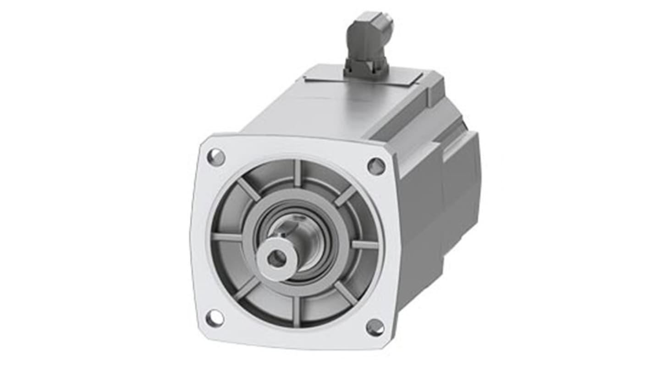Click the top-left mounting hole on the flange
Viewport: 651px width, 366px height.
[216, 157]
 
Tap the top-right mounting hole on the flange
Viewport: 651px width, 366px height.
[376, 166]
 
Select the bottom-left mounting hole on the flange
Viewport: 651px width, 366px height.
[214, 318]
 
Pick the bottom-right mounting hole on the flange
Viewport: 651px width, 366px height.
[375, 327]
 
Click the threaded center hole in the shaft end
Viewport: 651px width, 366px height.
[277, 259]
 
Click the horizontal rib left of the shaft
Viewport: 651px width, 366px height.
[226, 237]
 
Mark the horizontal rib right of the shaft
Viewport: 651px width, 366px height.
[365, 244]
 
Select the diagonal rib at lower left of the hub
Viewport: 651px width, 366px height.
[247, 289]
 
